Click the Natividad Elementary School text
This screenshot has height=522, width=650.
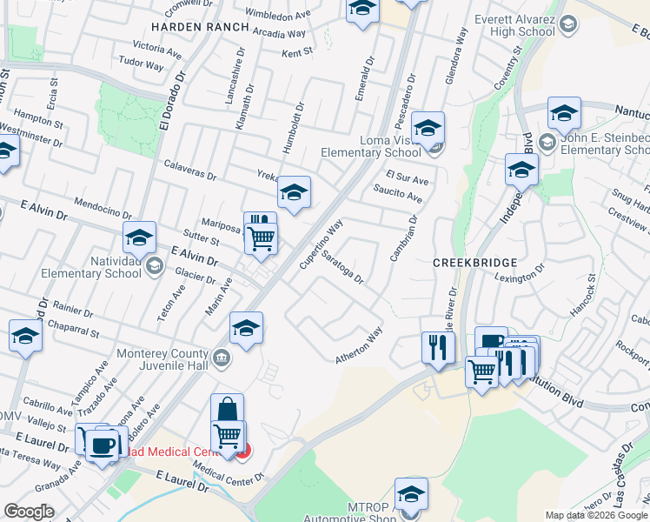pyautogui.click(x=92, y=267)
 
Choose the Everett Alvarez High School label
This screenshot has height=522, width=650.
pyautogui.click(x=514, y=26)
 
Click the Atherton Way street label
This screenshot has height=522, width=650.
pyautogui.click(x=360, y=346)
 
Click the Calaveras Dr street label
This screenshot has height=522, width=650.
pyautogui.click(x=190, y=170)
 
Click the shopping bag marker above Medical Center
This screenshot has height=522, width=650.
pyautogui.click(x=227, y=409)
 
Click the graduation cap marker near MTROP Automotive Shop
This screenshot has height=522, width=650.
pyautogui.click(x=411, y=493)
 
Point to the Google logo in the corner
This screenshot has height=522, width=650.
pyautogui.click(x=29, y=512)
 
